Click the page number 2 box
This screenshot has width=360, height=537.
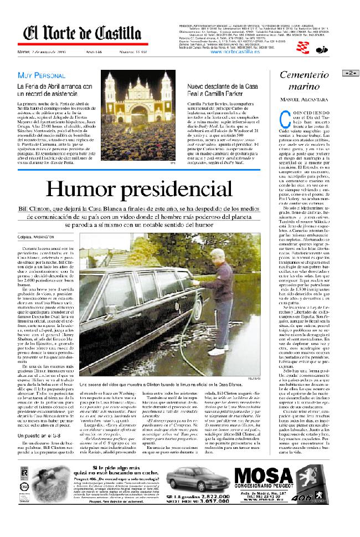click(x=351, y=73)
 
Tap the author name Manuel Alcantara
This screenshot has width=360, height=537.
click(x=304, y=99)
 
